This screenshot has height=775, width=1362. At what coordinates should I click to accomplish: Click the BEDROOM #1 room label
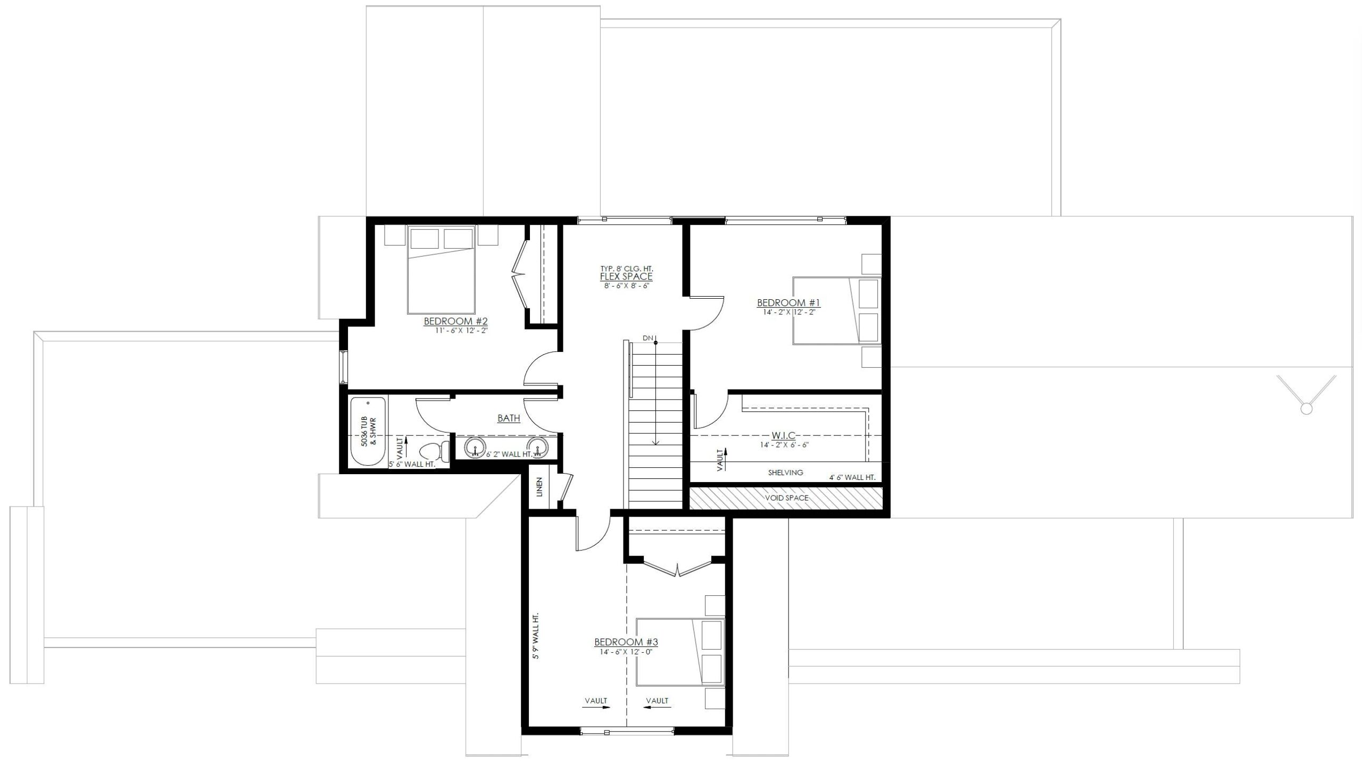[x=788, y=303]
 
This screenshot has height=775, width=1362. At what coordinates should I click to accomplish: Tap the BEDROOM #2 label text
[x=455, y=321]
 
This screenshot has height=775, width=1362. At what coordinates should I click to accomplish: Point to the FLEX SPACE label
[x=626, y=277]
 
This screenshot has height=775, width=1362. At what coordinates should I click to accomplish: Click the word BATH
[x=509, y=418]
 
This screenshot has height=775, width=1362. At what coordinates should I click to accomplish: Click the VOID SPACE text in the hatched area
[x=786, y=498]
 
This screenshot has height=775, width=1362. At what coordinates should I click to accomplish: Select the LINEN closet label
[x=539, y=487]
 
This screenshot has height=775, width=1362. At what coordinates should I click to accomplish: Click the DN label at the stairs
[x=647, y=338]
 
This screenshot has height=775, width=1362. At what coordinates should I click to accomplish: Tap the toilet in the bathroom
[x=434, y=452]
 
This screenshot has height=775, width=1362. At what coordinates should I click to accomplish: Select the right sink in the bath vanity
[x=537, y=448]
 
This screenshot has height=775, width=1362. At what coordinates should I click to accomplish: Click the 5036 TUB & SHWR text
[x=368, y=431]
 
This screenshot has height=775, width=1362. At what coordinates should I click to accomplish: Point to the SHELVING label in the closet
[x=785, y=473]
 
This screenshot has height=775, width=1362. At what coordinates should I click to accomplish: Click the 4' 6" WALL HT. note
[x=852, y=477]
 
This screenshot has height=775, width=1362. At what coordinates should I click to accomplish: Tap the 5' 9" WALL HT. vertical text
[x=536, y=636]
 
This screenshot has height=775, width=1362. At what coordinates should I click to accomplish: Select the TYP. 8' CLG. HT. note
[x=626, y=269]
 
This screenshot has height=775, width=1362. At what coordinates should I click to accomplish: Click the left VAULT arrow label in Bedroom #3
[x=595, y=701]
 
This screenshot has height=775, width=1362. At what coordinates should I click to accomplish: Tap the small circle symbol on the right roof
[x=1306, y=408]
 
